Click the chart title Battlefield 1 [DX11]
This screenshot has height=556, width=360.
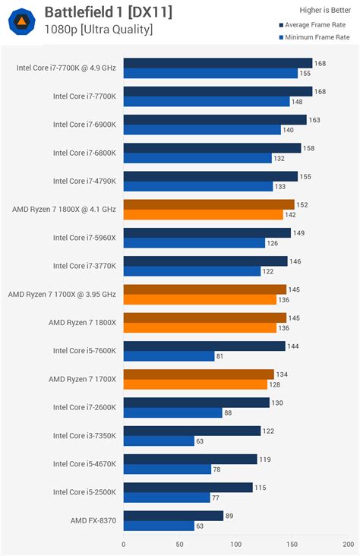[x=108, y=11]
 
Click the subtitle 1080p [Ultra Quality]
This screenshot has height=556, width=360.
[x=98, y=30]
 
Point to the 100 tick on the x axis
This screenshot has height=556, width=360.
[x=236, y=544]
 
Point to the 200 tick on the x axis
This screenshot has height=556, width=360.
[x=348, y=544]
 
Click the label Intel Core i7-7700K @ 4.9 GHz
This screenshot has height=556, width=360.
[x=66, y=68]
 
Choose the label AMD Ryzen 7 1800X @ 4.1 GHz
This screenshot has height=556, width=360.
[x=64, y=209]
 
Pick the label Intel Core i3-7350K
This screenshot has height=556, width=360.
[x=84, y=435]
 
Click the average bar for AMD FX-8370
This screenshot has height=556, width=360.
[x=173, y=516]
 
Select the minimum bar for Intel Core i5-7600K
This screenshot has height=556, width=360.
[x=169, y=355]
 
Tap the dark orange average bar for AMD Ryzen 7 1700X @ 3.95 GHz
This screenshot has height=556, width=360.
[x=204, y=289]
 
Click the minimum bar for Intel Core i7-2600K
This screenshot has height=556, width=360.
[x=172, y=412]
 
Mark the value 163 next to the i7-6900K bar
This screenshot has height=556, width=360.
[x=314, y=120]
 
